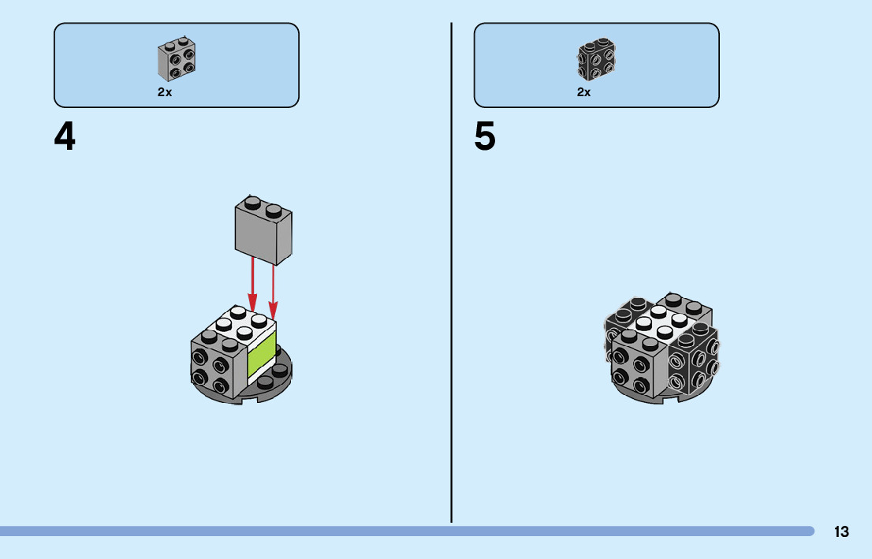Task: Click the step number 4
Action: coord(65,138)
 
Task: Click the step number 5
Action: coord(485,138)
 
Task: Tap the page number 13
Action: coord(841,532)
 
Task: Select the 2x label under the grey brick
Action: coord(165,92)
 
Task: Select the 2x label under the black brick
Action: coord(584,92)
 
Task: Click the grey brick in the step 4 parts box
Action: coord(177,60)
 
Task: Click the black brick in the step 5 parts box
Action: coord(596,60)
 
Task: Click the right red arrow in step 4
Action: coord(273,288)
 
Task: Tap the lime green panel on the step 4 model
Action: coord(262,355)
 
